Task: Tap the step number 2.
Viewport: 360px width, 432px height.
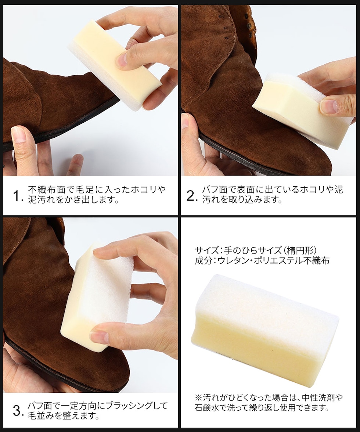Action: tap(192, 195)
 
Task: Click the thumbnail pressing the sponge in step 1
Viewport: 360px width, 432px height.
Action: tap(122, 60)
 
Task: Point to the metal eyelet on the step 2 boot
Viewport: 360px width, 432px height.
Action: tap(250, 26)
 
